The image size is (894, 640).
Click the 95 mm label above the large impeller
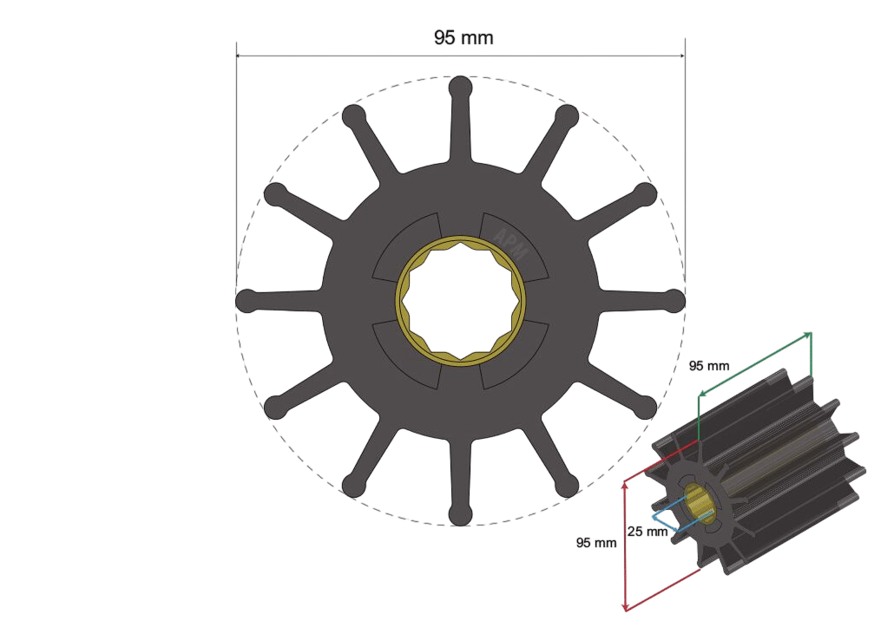pos(463,37)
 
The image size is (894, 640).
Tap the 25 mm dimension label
pos(647,532)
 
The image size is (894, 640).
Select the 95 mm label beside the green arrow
pos(709,366)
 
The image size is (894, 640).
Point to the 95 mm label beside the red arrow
pos(596,543)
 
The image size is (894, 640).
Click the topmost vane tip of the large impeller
pos(461,88)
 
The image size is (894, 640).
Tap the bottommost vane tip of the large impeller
pos(461,514)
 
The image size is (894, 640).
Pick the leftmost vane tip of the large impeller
pos(247,301)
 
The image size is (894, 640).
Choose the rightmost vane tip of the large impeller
pos(674,301)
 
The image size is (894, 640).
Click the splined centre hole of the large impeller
pos(461,301)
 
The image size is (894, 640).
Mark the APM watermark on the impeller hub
pos(510,244)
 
